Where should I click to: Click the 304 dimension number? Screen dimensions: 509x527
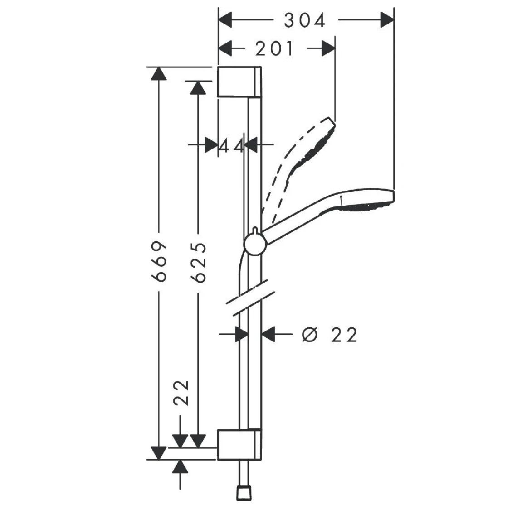(305, 20)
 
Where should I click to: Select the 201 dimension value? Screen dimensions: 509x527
(274, 49)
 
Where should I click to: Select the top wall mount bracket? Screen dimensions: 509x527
(239, 82)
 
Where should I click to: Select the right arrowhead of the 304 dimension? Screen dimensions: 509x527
(386, 20)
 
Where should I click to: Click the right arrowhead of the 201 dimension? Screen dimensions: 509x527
(328, 49)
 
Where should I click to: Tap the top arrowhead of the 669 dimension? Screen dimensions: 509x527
(159, 74)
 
